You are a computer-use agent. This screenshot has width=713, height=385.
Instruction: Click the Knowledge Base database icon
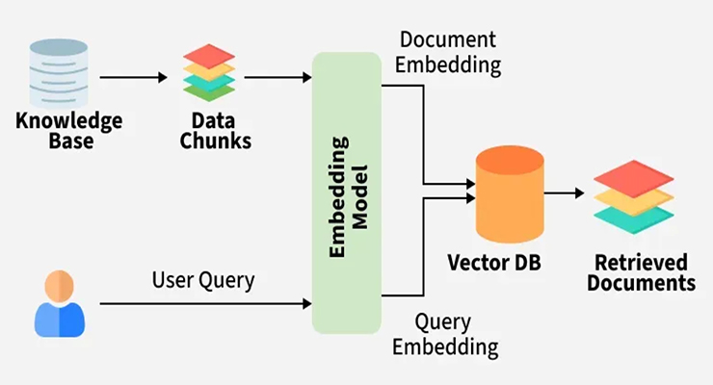[x=59, y=72]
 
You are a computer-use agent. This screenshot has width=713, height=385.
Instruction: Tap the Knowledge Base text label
[x=69, y=131]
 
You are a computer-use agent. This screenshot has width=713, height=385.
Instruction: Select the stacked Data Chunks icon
[x=209, y=72]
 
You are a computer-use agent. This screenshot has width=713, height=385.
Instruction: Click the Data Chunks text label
[x=215, y=131]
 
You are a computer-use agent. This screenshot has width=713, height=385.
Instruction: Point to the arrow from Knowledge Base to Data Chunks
[x=133, y=78]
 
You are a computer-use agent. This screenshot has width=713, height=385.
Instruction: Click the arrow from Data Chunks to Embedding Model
[x=277, y=78]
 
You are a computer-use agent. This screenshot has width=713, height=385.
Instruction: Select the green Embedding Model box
[x=347, y=192]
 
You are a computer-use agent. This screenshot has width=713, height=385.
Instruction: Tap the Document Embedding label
[x=448, y=52]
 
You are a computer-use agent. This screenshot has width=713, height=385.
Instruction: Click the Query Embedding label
[x=445, y=335]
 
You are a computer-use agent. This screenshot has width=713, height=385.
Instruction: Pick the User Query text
[x=203, y=281]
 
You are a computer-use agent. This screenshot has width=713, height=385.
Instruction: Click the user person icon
[x=60, y=303]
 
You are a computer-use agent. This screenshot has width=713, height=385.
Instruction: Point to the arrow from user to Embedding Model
[x=205, y=303]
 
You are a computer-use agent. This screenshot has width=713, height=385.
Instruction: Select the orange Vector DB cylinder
[x=510, y=194]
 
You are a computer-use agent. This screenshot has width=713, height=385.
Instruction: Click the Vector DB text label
[x=494, y=263]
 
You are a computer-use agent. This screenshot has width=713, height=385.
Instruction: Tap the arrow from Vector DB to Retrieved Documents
[x=564, y=193]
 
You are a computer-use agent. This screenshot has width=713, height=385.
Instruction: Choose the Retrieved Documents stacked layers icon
[x=633, y=196]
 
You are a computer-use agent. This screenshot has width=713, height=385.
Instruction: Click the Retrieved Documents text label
[x=641, y=272]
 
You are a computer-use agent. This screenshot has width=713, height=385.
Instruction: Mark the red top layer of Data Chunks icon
[x=209, y=56]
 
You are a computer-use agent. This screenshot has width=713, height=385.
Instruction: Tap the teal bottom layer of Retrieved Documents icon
[x=633, y=218]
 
